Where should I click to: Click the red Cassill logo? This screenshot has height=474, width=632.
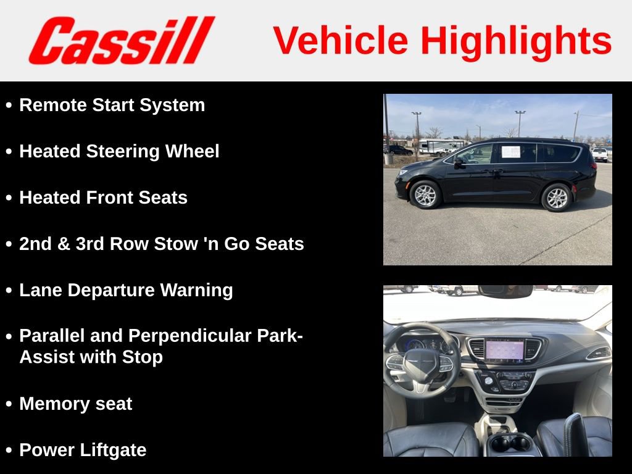(121, 41)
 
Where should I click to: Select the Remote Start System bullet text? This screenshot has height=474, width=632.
(112, 105)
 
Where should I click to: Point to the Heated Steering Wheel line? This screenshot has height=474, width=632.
(119, 151)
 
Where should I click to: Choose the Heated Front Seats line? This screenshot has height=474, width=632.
(103, 197)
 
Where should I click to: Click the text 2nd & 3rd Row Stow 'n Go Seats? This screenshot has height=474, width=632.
(162, 244)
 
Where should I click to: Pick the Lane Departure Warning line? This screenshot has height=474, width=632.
(126, 290)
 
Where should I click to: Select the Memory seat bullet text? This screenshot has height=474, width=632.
(75, 404)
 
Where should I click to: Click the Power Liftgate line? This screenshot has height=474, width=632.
(83, 450)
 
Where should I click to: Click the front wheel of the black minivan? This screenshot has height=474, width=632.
(425, 196)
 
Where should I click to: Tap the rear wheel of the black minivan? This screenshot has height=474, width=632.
(556, 197)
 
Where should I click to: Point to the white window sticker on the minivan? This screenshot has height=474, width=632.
(510, 151)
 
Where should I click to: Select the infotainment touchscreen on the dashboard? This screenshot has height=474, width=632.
(504, 350)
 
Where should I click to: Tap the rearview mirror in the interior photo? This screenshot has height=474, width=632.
(505, 291)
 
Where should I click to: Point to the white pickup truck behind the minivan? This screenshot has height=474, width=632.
(600, 154)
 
